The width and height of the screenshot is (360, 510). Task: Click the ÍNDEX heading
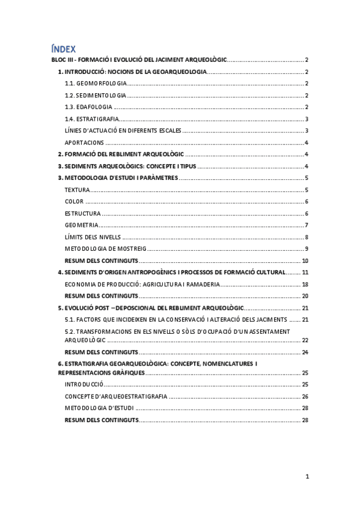tap(63, 49)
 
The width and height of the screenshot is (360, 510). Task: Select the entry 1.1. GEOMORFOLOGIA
tap(96, 84)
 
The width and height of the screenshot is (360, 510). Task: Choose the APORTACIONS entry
tap(85, 143)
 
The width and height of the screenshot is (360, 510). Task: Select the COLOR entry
tap(75, 201)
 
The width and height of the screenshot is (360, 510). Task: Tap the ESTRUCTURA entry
tap(83, 214)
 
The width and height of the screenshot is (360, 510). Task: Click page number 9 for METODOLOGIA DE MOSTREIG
tap(307, 248)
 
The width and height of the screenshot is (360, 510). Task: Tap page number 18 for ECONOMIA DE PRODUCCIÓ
tap(305, 284)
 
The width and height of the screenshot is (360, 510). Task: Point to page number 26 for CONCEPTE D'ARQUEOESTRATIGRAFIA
tap(305, 396)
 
